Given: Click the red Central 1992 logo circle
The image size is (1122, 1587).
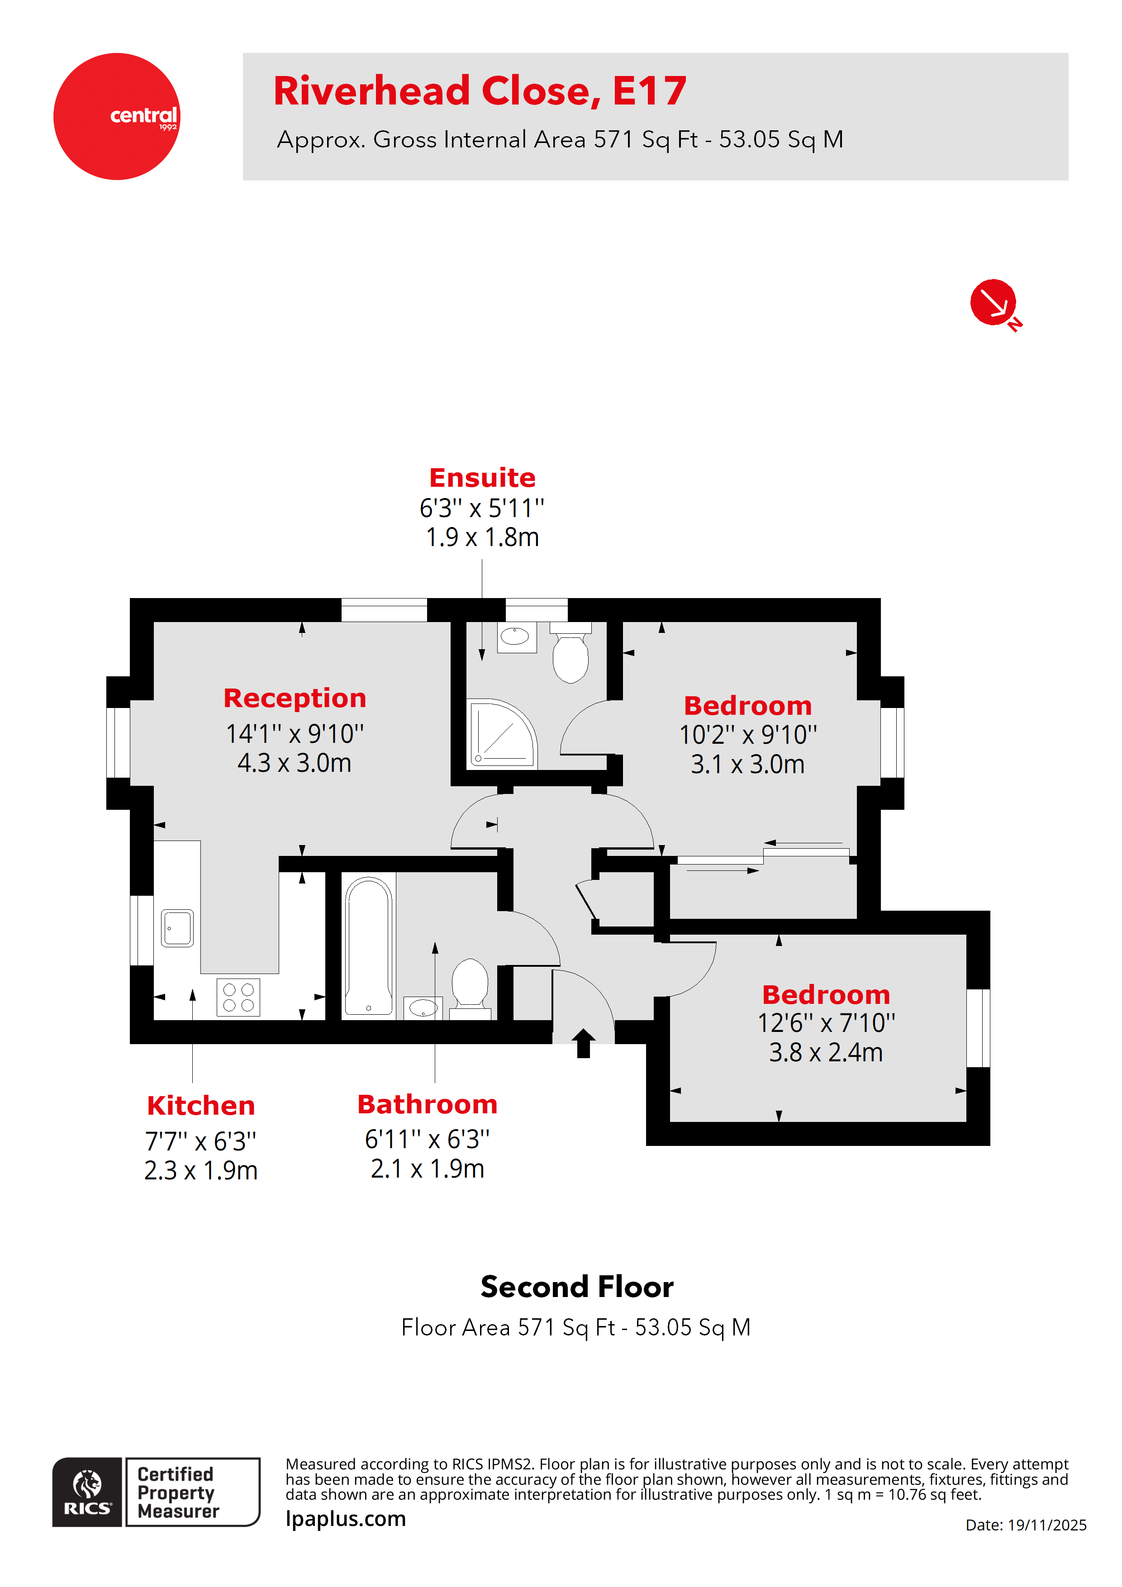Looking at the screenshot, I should (117, 116).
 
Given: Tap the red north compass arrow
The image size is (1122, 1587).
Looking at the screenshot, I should (994, 302).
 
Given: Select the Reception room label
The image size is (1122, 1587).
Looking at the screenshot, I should (295, 698).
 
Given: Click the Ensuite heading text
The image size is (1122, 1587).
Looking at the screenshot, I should (482, 478).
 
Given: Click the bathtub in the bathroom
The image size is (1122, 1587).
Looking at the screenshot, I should (368, 946).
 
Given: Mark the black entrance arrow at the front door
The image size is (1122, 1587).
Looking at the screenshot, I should (584, 1043).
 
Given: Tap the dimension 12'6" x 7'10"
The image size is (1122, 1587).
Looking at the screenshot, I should (826, 1023).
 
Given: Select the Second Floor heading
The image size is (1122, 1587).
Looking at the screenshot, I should (576, 1287).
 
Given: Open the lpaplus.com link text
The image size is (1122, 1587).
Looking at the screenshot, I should (346, 1519).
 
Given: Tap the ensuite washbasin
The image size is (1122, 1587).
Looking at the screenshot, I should (515, 636).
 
